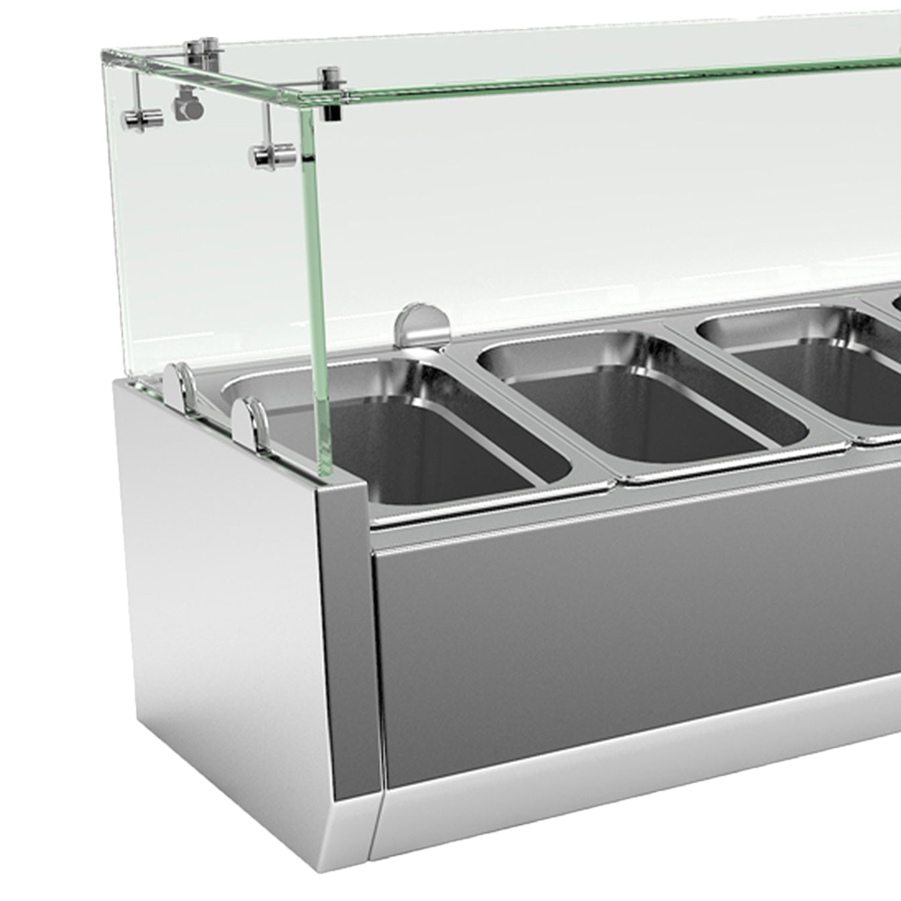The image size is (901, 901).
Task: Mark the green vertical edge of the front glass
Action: [315, 288]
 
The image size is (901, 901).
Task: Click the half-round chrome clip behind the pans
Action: [422, 324]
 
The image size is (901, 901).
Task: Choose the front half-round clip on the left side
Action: [250, 423]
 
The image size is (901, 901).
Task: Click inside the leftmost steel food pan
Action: [423, 450]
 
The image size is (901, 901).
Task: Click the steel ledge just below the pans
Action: [631, 514]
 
